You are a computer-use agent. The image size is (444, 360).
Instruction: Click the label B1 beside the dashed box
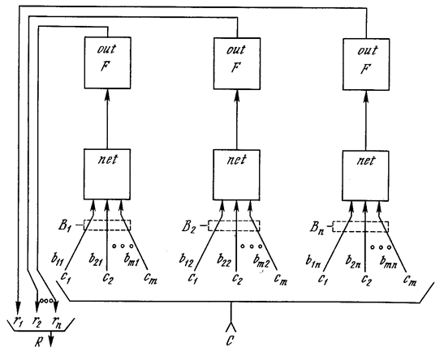64,226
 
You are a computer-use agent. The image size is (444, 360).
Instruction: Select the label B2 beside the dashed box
188,227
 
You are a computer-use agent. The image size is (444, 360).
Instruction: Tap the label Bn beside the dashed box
317,228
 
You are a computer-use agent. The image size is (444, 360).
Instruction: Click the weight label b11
58,258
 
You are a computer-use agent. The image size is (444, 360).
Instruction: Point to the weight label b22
224,259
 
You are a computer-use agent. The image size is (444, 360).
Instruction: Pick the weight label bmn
389,262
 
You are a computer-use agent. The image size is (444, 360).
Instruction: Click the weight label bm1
131,259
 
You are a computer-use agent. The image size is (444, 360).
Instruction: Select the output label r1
18,321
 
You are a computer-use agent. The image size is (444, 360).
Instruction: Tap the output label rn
56,322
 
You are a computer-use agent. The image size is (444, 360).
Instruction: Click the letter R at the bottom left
38,342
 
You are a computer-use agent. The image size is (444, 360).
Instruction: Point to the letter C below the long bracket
230,341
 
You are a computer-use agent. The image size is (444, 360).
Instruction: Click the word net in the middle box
237,160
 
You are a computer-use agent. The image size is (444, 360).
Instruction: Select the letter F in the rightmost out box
365,69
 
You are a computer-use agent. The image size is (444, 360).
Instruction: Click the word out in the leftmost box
106,49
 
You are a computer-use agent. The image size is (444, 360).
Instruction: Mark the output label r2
37,322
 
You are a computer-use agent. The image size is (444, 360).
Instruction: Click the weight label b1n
313,261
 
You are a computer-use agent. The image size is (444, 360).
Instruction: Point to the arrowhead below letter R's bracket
51,342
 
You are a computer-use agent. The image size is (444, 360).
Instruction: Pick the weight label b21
95,259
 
